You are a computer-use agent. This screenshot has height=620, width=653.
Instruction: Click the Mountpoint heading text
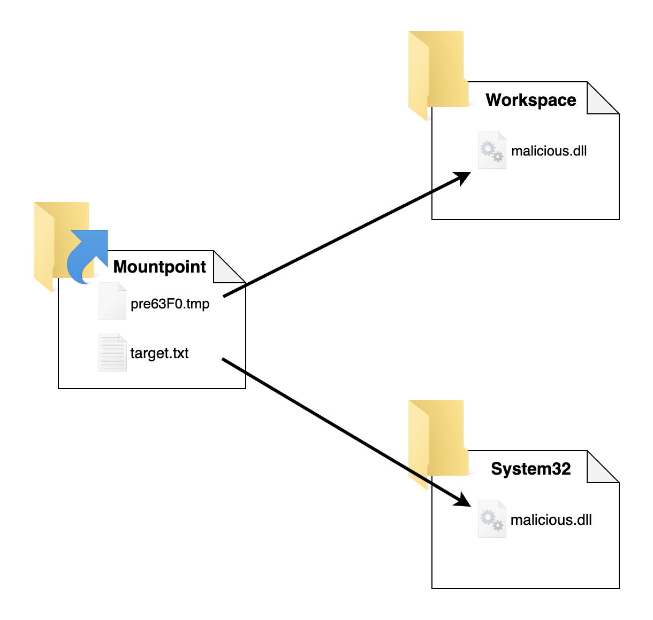[160, 267]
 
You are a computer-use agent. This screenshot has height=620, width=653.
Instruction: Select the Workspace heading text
[530, 100]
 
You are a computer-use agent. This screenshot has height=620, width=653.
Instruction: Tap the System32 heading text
[530, 469]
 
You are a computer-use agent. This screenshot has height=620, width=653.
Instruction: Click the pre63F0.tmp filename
[170, 304]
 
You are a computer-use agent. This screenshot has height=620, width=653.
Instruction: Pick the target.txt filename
[159, 353]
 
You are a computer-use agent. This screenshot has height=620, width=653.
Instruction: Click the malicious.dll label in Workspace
[549, 151]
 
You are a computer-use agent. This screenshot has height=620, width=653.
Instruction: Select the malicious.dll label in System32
[551, 520]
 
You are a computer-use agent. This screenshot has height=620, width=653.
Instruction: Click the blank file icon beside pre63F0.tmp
[112, 301]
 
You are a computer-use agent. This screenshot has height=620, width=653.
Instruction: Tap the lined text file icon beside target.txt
[112, 352]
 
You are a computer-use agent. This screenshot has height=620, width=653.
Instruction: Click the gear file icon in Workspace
[492, 150]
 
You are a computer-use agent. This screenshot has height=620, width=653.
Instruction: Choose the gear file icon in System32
[492, 518]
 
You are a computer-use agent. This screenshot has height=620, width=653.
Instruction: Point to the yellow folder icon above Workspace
[438, 76]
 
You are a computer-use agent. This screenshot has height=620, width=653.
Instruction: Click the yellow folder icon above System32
[438, 445]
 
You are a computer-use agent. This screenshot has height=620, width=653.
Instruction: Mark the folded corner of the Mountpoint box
[229, 267]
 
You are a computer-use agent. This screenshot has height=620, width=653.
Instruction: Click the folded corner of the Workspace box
[603, 98]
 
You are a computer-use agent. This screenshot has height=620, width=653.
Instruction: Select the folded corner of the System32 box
[603, 467]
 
